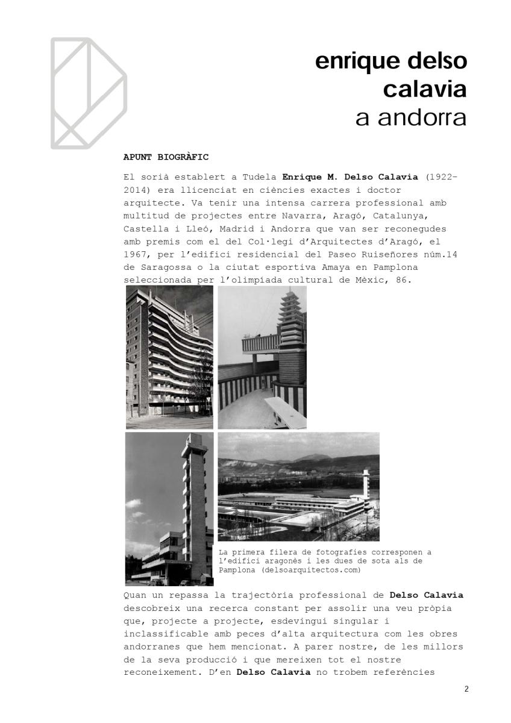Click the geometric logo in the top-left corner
[x=88, y=93]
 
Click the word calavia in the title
[x=425, y=89]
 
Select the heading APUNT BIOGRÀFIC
[x=166, y=157]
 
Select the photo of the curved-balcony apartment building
[x=169, y=357]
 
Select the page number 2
[x=466, y=689]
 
